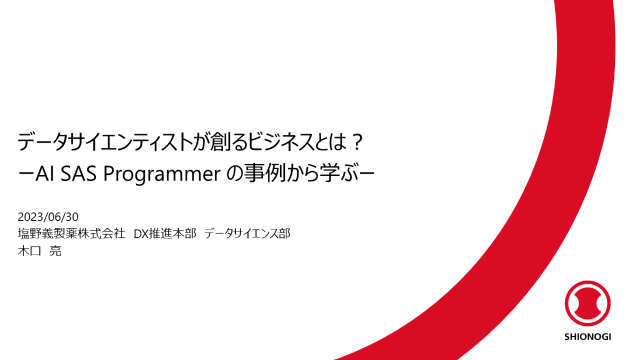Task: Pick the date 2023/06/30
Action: pos(48,217)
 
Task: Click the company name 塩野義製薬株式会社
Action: pos(71,234)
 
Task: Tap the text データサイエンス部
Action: pos(247,234)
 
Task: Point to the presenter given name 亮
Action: pos(55,251)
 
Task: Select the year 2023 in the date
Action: pos(28,217)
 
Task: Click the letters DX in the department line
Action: pos(140,234)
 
